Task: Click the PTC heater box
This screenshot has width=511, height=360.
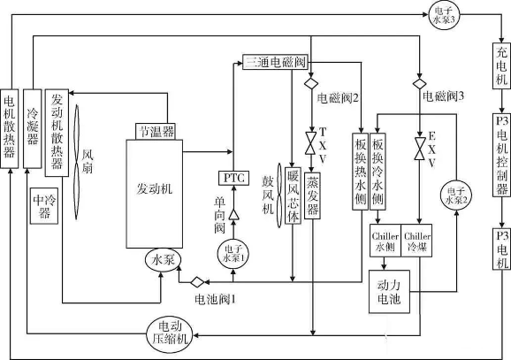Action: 233,178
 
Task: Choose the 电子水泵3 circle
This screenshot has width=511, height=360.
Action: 441,12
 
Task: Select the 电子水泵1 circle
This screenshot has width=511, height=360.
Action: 233,251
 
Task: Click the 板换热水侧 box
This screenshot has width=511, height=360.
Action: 361,164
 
